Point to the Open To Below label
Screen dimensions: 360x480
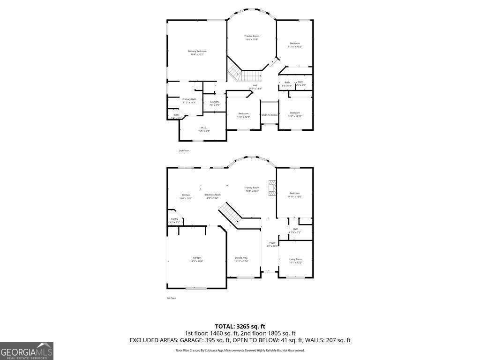pos(270,115)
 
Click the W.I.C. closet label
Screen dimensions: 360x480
pos(203,129)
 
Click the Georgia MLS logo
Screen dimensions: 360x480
pos(27,351)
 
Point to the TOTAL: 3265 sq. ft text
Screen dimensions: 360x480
pos(240,326)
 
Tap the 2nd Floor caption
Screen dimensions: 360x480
pos(183,150)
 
